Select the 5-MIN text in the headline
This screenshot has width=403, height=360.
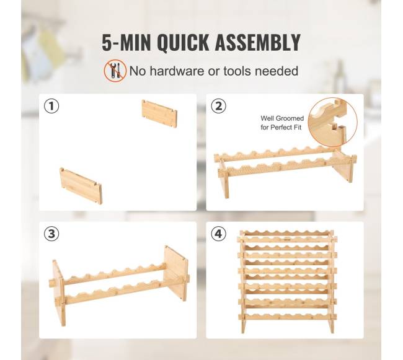126,42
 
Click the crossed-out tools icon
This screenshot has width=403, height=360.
115,71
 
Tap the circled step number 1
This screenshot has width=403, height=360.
51,106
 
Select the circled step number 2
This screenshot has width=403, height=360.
218,106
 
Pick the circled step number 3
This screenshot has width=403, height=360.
51,234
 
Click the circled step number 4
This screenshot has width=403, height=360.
218,234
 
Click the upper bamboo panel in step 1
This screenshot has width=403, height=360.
159,114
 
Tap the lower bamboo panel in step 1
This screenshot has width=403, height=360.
81,186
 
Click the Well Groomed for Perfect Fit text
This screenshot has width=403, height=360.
282,123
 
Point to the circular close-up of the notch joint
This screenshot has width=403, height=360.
332,122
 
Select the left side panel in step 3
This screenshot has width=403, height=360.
59,292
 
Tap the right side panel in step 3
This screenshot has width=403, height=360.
175,273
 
